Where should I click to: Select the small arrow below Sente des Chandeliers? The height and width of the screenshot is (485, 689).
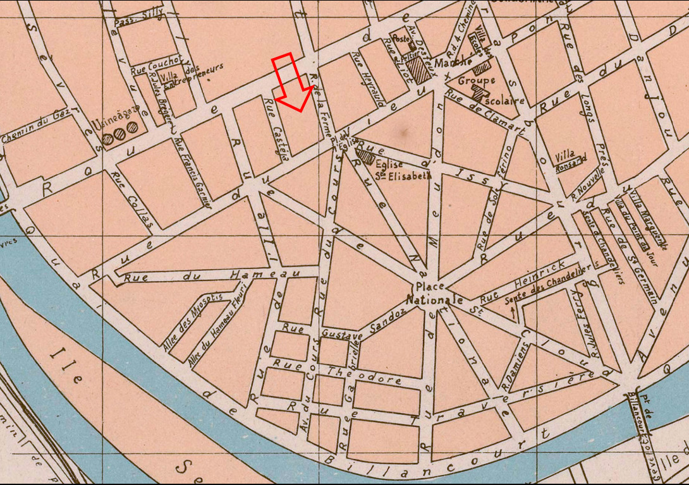coord(513,310)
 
